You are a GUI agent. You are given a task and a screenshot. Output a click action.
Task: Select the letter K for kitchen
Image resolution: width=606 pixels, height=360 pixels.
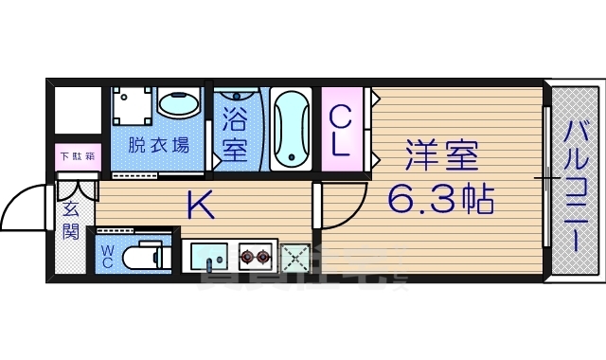pyautogui.click(x=198, y=204)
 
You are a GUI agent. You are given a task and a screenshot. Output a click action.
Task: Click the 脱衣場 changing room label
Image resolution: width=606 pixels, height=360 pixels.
pyautogui.click(x=158, y=145)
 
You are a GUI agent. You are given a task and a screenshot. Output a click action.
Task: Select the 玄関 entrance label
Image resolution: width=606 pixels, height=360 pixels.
pyautogui.click(x=72, y=221)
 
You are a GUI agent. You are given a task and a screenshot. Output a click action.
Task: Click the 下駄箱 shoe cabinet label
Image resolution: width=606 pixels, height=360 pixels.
pyautogui.click(x=77, y=156)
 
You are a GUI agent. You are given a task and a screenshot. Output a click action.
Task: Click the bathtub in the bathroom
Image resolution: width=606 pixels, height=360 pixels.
pyautogui.click(x=291, y=128)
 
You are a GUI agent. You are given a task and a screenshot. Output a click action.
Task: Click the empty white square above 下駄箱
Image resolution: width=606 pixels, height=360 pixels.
pyautogui.click(x=77, y=111)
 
